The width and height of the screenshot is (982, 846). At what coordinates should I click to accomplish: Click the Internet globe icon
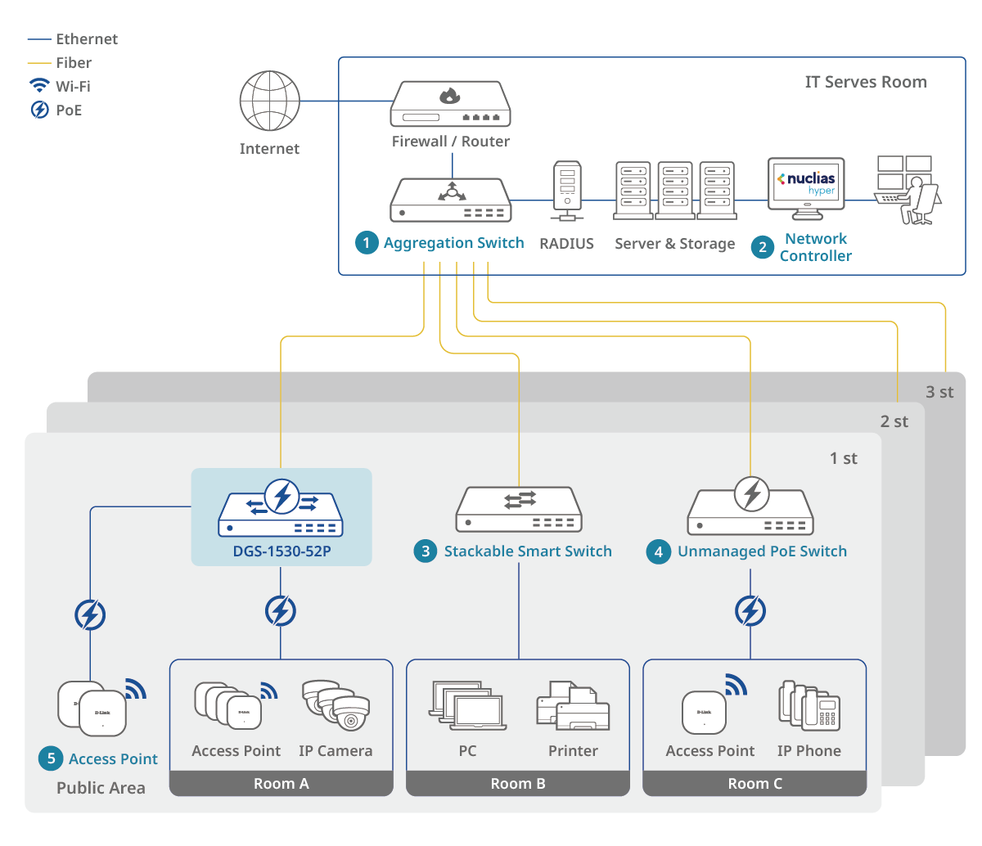point(269,101)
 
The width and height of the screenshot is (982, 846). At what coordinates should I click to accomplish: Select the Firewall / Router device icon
point(451,104)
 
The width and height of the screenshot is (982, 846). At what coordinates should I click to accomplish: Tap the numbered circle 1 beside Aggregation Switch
point(367,243)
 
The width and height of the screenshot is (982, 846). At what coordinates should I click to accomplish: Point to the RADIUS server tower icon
point(567,190)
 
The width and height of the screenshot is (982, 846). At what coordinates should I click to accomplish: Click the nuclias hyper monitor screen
point(806,183)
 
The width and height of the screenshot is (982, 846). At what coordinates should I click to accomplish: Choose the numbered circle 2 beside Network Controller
point(763,247)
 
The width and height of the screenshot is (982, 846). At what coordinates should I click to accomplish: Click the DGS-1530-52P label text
point(282,551)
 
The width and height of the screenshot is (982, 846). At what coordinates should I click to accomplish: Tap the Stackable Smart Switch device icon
point(518,510)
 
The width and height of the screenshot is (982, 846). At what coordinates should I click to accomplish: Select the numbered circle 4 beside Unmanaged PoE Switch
point(659,551)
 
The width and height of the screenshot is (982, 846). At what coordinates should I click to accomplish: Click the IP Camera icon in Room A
point(336,704)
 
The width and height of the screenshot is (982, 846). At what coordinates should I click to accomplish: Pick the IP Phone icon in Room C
point(809,705)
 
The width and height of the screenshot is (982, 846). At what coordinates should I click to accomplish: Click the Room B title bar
point(518,784)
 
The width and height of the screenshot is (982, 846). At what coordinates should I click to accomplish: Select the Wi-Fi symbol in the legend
point(39,86)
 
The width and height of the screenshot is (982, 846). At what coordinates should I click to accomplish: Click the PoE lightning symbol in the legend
point(39,110)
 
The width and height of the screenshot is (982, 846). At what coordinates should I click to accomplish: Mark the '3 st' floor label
point(939,393)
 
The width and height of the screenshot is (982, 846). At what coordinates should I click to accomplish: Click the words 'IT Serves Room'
point(866,82)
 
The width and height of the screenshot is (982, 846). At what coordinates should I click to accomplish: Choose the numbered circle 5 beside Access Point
point(51,758)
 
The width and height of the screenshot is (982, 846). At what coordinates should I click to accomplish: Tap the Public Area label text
point(101,788)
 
